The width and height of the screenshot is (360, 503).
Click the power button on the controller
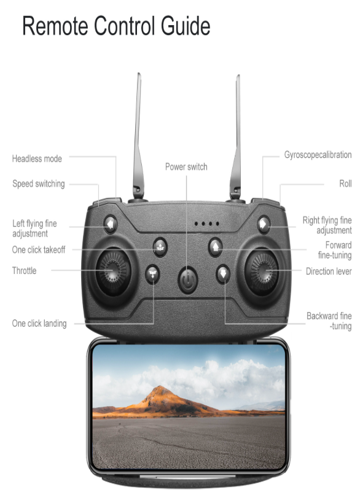point(188,280)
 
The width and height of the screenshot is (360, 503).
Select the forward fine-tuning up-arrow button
point(215,248)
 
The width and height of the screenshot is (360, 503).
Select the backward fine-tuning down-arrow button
point(223,274)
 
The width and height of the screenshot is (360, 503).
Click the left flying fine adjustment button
point(111,224)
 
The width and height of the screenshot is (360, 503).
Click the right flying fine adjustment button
point(264,224)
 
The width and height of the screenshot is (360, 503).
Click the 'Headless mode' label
point(37,158)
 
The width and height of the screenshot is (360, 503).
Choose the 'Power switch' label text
point(186,167)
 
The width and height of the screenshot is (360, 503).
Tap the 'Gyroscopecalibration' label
point(318,155)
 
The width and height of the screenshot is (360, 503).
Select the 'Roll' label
point(345,184)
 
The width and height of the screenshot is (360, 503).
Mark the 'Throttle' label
point(24,270)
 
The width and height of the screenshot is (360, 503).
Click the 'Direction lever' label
point(329,271)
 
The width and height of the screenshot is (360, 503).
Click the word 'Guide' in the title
point(186,26)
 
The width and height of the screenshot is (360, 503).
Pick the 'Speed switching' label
point(39,184)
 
